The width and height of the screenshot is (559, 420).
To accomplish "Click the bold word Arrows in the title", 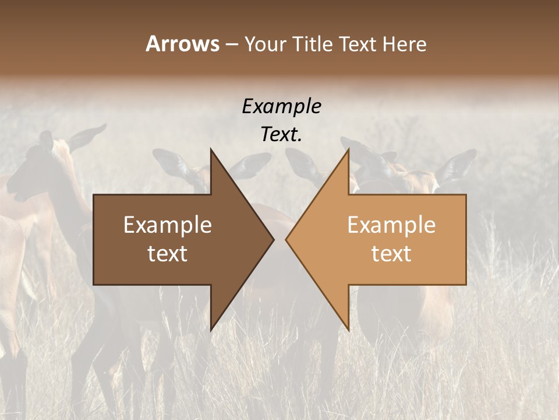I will click(182, 44).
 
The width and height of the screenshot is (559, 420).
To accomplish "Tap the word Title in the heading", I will click(314, 44).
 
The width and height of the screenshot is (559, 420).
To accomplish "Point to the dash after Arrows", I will click(231, 45).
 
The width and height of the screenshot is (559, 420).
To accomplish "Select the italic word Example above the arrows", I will click(281, 106).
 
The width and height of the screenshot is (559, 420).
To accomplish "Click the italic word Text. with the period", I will click(281, 134).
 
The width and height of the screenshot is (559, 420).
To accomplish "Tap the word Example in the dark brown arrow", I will click(168, 225).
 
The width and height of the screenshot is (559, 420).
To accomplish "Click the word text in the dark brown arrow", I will click(168, 254).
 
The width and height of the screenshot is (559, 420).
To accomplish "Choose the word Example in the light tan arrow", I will click(391, 225).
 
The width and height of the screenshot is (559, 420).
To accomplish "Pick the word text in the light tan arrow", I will click(391, 254).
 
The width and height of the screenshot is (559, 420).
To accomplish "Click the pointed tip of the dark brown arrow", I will click(274, 239).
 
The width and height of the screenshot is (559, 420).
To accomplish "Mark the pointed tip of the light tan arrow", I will click(286, 239).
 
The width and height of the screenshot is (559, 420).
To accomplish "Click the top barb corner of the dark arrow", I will click(211, 149).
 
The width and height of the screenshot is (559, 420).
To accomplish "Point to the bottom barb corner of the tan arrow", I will click(349, 331).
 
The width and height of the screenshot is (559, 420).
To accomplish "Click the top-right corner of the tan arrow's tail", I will click(466, 195).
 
